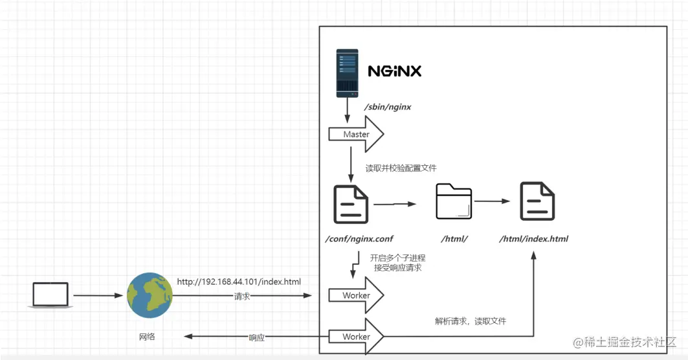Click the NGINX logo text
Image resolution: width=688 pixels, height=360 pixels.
point(394,71)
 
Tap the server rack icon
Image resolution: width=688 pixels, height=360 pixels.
point(347,74)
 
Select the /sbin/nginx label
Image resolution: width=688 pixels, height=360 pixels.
point(388,107)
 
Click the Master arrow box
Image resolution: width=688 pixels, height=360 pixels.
point(356,135)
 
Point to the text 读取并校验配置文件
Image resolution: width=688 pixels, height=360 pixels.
point(401,168)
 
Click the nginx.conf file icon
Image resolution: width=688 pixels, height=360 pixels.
point(350,203)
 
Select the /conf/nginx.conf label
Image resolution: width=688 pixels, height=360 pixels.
point(359,239)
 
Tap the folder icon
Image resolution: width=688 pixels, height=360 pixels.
point(454,201)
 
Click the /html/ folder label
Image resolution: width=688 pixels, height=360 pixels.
point(454,239)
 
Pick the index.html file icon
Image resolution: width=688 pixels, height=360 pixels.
point(538,201)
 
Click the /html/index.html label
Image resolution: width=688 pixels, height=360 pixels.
point(533,239)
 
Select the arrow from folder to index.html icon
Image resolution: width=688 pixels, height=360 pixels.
point(496,201)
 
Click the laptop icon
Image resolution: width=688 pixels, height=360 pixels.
point(50,295)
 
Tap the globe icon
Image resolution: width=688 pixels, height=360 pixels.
point(150,295)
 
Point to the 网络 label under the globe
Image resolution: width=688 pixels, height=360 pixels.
point(147,337)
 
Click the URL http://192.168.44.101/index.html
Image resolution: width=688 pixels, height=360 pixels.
point(239,282)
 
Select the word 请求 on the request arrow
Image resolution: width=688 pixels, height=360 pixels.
point(242,296)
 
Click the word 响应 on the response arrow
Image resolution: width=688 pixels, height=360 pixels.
point(257,337)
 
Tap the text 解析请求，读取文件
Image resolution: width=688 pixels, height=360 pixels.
point(471,321)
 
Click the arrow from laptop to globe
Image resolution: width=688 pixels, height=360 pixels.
point(98,296)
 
